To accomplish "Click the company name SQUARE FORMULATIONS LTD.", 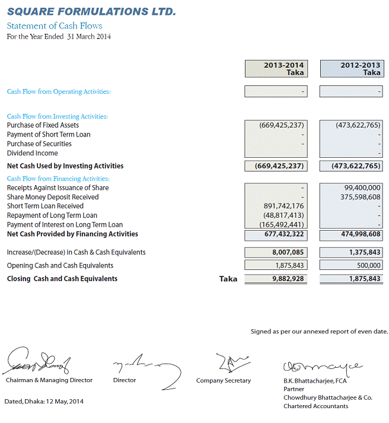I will pos(91,12).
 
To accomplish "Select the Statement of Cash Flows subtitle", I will pos(55,26).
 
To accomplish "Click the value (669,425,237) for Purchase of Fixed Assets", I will pos(282,125).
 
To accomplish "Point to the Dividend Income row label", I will pos(33,153).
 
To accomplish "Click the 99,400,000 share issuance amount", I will pos(362,188).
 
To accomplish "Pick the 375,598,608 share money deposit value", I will pos(361,197).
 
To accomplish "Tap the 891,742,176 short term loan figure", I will pos(283,206).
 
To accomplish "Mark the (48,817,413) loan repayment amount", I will pos(283,215).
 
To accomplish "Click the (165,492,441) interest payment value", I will pos(282,225).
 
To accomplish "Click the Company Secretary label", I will pos(224,380).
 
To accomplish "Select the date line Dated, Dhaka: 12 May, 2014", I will pos(44,402).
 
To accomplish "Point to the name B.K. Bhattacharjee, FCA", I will pos(314,380).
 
